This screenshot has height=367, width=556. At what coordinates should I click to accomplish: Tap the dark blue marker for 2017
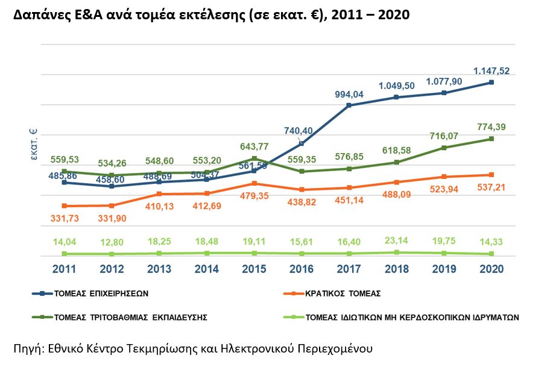[x=349, y=105]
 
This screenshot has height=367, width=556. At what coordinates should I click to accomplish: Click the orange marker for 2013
[x=159, y=194]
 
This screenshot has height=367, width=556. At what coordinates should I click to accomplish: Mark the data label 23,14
[x=396, y=241]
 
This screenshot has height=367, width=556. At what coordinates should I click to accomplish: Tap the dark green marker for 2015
[x=254, y=158]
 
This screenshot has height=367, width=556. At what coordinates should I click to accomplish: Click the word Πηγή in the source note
[x=27, y=348]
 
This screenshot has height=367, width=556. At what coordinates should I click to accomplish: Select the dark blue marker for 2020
[x=492, y=82]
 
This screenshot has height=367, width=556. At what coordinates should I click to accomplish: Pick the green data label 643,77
[x=254, y=146]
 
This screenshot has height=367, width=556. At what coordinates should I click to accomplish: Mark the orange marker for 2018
[x=397, y=182]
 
